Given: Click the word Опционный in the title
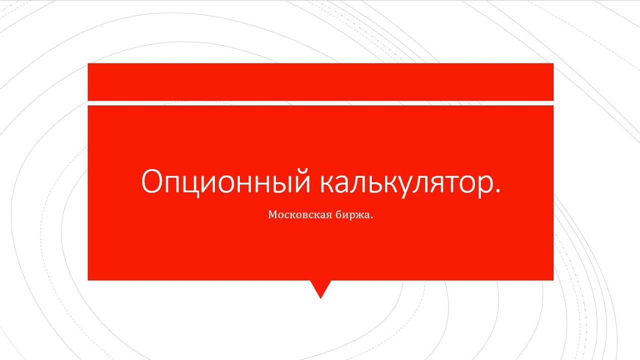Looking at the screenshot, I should (224, 181).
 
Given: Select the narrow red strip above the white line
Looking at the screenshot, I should (320, 81).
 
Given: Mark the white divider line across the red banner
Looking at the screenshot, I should (320, 103).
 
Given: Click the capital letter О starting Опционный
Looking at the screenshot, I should (152, 181).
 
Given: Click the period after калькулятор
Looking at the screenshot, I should (495, 191).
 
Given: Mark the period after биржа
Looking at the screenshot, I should (372, 218).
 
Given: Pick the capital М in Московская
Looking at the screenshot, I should (273, 215).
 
